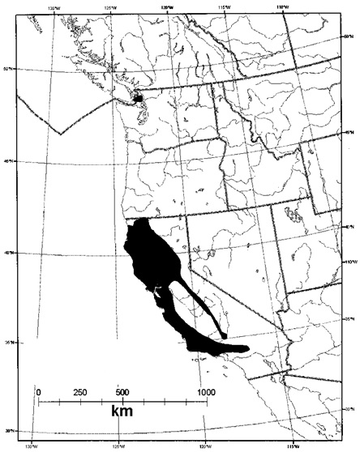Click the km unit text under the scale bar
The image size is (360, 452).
[x=122, y=412]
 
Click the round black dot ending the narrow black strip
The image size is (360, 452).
[x=224, y=332]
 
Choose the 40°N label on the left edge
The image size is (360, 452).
[x=7, y=253]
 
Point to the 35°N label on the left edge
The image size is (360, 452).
[x=7, y=342]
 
